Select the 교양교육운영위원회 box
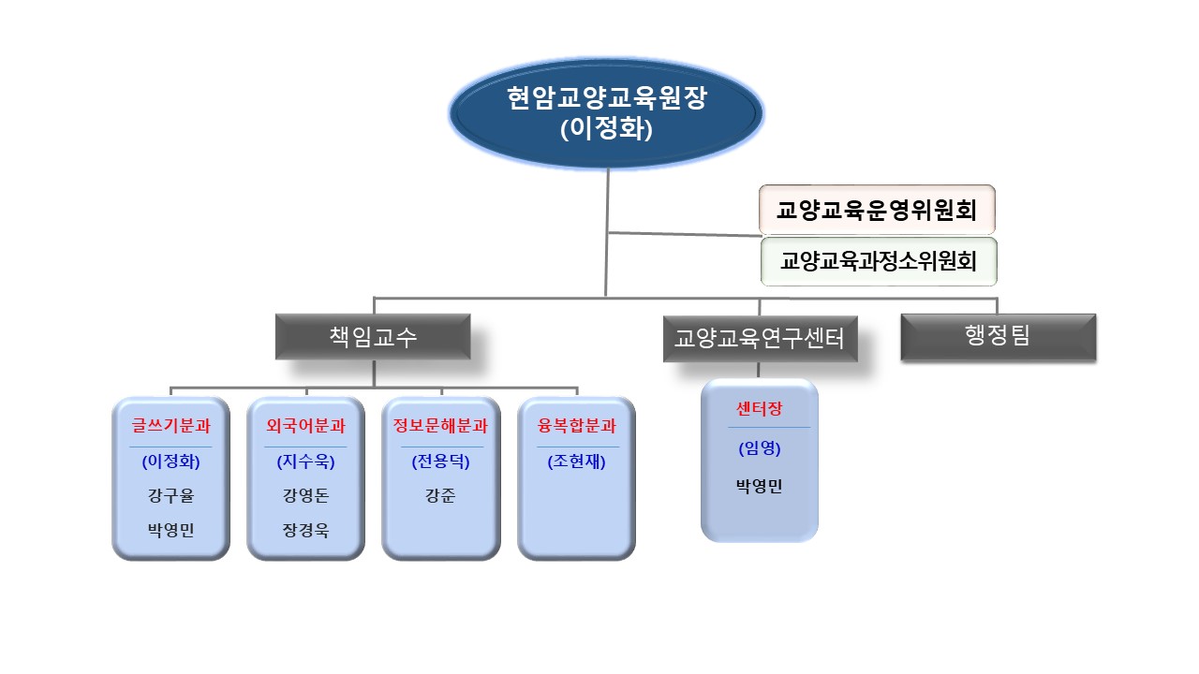click(x=876, y=210)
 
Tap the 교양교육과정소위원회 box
click(x=878, y=261)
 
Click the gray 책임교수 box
click(x=372, y=337)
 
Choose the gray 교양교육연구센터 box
click(x=759, y=339)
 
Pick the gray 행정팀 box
click(x=998, y=336)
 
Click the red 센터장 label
click(x=759, y=409)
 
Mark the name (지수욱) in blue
click(x=305, y=462)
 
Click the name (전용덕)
click(x=440, y=462)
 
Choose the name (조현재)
click(x=576, y=462)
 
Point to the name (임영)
click(x=759, y=448)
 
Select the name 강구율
click(x=170, y=496)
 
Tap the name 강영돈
click(x=305, y=496)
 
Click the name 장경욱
click(x=305, y=530)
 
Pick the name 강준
click(x=440, y=496)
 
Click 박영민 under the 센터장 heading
click(x=759, y=486)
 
